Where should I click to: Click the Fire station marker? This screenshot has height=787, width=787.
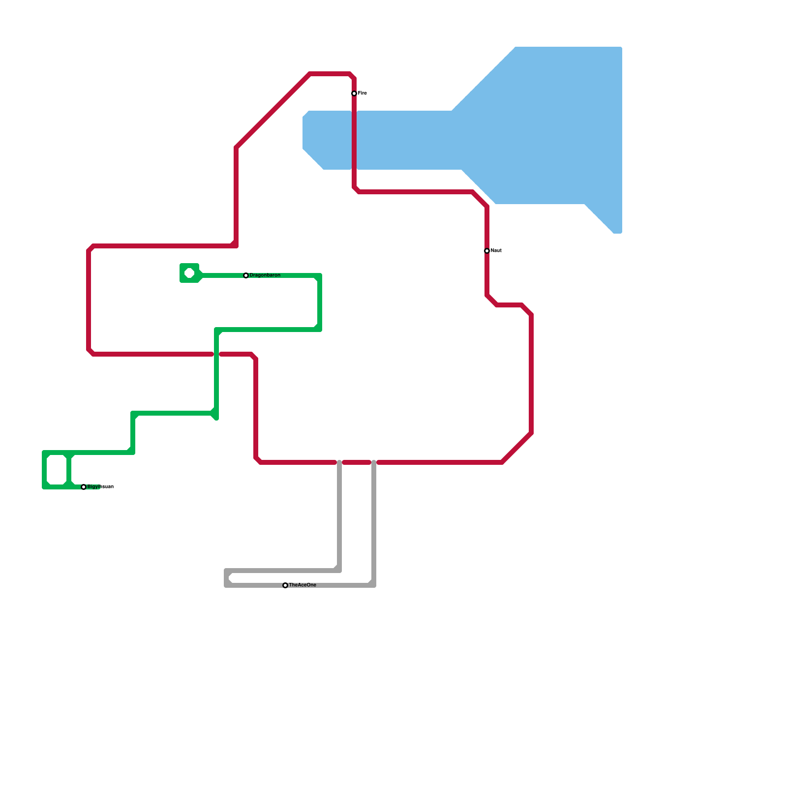tap(354, 93)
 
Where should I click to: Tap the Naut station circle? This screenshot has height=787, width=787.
tap(487, 251)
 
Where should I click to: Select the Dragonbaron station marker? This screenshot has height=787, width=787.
tap(246, 275)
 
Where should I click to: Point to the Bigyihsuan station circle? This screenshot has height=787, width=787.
tap(84, 487)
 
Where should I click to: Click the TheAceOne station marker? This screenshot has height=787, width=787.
tap(285, 585)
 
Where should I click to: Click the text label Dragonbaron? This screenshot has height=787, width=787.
tap(265, 275)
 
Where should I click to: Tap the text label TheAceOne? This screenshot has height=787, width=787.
tap(303, 585)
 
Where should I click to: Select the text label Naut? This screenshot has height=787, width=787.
tap(496, 251)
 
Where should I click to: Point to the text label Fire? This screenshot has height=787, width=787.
tap(363, 93)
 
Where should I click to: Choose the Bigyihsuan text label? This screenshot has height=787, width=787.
tap(100, 487)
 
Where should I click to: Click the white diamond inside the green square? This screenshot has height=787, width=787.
tap(189, 273)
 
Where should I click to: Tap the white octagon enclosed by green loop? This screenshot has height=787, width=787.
tap(57, 470)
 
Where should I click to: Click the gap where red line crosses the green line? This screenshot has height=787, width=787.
tap(216, 354)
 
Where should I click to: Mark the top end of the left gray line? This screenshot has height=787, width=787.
tap(339, 462)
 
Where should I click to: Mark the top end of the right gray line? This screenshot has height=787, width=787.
tap(374, 462)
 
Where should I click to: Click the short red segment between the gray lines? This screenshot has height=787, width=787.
tap(357, 462)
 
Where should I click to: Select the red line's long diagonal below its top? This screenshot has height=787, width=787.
tap(273, 111)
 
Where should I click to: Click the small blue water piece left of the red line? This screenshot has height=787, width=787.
tap(327, 140)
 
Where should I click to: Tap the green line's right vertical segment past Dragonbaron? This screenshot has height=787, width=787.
tap(320, 303)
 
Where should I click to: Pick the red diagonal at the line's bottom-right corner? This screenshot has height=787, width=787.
tap(516, 448)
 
